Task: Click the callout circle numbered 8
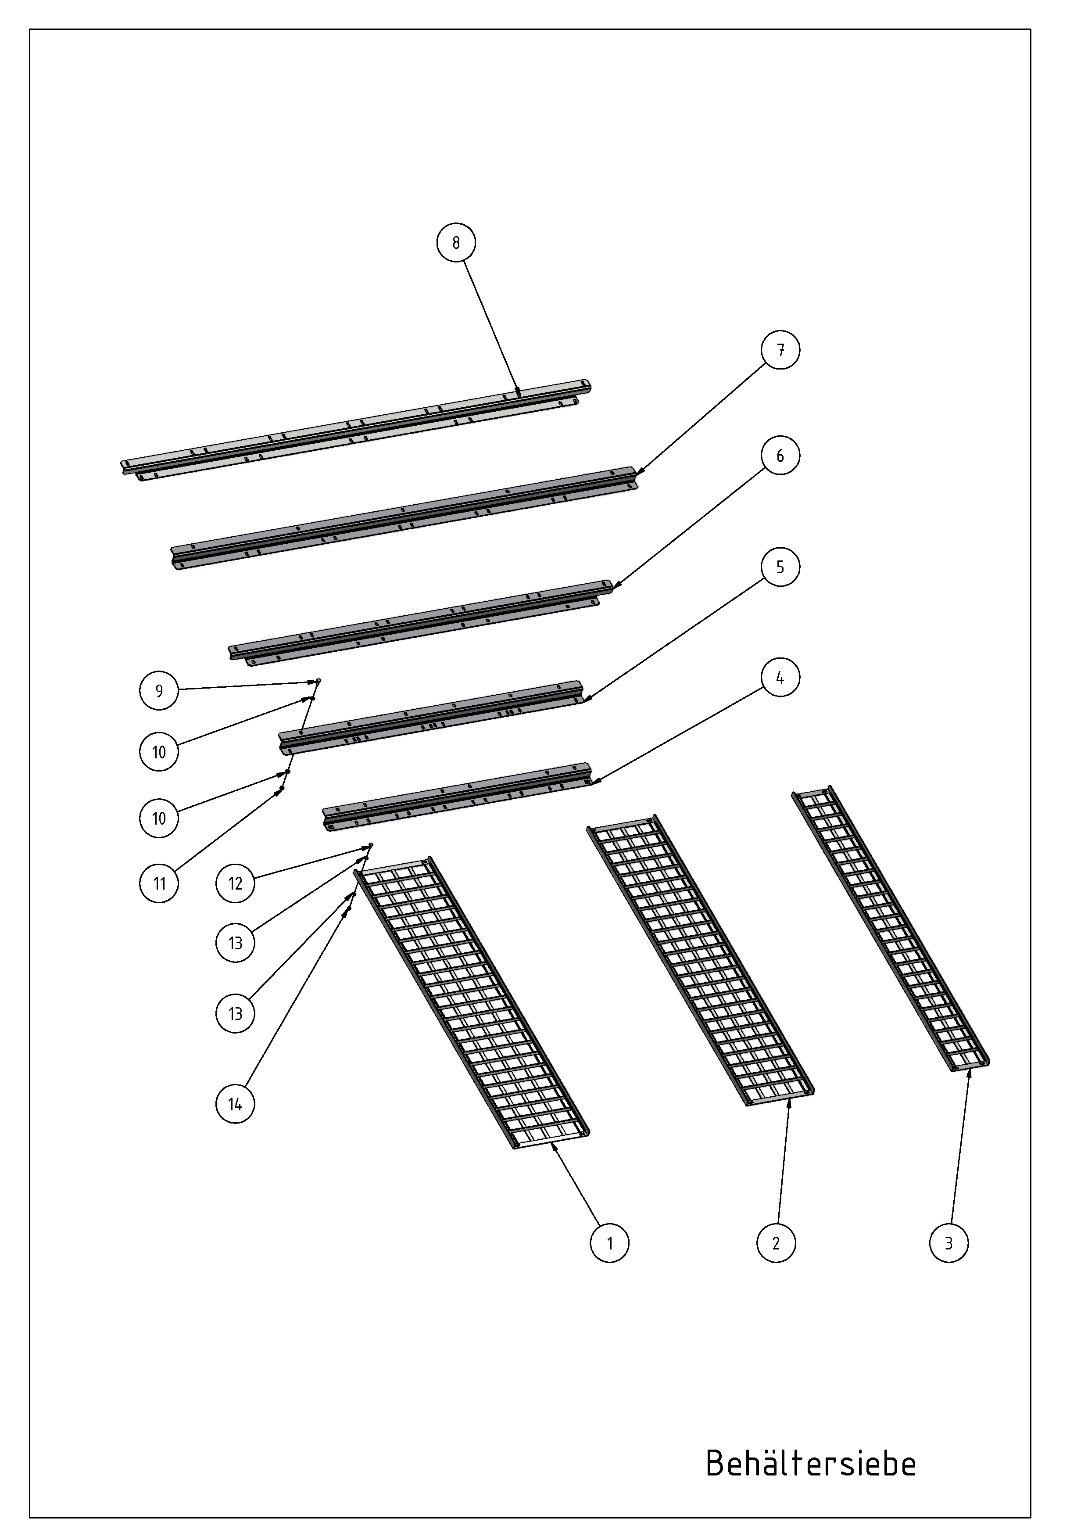click(457, 243)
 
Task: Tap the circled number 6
click(780, 456)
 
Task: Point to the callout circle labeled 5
click(780, 567)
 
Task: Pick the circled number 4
click(780, 678)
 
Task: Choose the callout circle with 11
click(160, 883)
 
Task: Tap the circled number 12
click(235, 883)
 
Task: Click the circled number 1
click(610, 1243)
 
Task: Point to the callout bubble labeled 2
click(776, 1243)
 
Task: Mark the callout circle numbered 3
click(949, 1243)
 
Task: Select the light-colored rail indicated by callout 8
click(355, 428)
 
